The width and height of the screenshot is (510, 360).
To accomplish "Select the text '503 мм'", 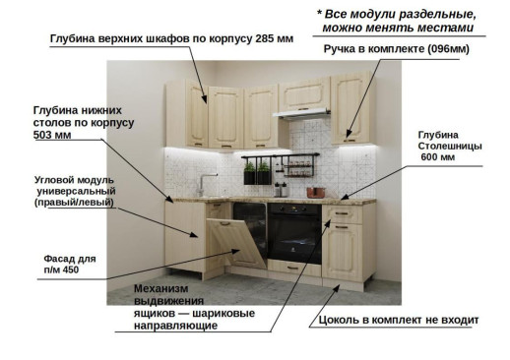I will (x=54, y=135).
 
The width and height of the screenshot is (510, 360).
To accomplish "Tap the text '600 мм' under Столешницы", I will (x=437, y=157).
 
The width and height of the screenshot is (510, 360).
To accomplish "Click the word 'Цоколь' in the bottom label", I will (x=337, y=321).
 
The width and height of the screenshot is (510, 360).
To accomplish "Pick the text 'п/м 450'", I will (x=60, y=269).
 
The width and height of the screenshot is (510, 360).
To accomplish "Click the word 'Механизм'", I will (x=167, y=287).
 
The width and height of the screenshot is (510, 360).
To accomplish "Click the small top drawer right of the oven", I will (x=343, y=212).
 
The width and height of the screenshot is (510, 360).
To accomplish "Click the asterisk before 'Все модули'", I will (x=320, y=14).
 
